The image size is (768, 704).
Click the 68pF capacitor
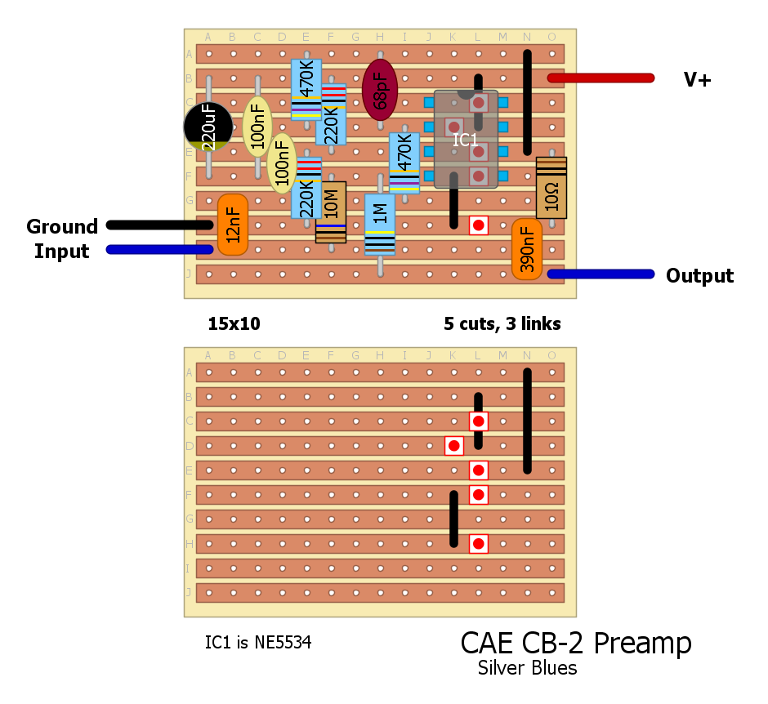pyautogui.click(x=380, y=90)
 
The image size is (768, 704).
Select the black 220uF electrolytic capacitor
pyautogui.click(x=208, y=127)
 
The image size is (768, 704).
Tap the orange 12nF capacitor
pyautogui.click(x=233, y=225)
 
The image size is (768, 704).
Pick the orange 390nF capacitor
pyautogui.click(x=527, y=249)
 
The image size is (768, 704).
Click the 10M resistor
pyautogui.click(x=331, y=212)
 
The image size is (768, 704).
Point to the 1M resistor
pyautogui.click(x=380, y=225)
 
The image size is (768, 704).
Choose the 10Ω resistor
pyautogui.click(x=551, y=188)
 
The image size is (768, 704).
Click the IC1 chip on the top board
pyautogui.click(x=466, y=140)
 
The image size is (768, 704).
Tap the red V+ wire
pyautogui.click(x=601, y=78)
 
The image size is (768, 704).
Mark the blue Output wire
pyautogui.click(x=601, y=274)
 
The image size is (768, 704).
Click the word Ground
pyautogui.click(x=62, y=226)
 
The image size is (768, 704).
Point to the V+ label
pyautogui.click(x=697, y=80)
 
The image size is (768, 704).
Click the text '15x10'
pyautogui.click(x=234, y=323)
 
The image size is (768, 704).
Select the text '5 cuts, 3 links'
pyautogui.click(x=502, y=323)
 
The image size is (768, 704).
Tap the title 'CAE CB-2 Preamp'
pyautogui.click(x=576, y=643)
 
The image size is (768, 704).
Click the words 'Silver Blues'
pyautogui.click(x=527, y=668)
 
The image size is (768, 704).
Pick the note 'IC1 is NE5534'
pyautogui.click(x=258, y=644)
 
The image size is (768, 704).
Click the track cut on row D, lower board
pyautogui.click(x=453, y=445)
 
